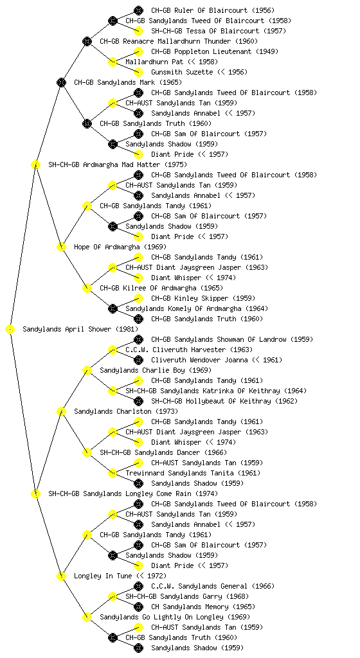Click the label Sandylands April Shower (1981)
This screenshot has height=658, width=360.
80,329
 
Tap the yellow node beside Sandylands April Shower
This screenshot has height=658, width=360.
10,330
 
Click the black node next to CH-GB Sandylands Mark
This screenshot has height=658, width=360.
61,82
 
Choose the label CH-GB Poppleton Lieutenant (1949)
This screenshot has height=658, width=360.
215,51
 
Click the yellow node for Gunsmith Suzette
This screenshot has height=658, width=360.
138,72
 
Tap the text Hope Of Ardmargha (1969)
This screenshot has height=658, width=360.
120,247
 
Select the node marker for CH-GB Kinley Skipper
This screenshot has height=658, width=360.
138,298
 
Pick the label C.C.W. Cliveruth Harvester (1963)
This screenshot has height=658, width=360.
189,350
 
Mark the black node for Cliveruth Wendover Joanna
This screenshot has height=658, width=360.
138,360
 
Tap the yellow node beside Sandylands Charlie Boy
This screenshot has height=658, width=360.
87,370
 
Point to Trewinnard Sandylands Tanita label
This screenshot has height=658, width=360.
179,473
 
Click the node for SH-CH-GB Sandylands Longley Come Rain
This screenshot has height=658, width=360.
35,493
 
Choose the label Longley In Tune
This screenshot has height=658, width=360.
103,576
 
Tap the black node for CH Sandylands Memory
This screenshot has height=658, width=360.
138,607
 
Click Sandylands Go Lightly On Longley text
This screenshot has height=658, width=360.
161,617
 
